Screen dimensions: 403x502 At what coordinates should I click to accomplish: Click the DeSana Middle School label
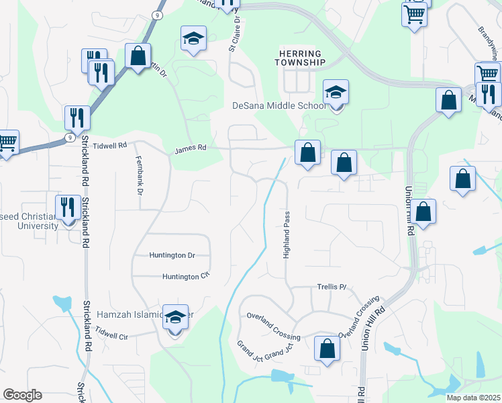pyautogui.click(x=279, y=105)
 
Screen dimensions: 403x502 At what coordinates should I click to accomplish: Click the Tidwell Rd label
pyautogui.click(x=109, y=145)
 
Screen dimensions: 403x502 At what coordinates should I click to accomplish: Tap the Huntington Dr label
pyautogui.click(x=172, y=255)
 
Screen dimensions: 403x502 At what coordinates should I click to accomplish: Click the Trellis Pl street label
pyautogui.click(x=331, y=287)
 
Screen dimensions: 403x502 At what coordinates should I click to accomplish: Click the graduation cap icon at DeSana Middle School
pyautogui.click(x=336, y=93)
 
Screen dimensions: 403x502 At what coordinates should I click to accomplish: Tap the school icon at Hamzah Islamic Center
pyautogui.click(x=175, y=318)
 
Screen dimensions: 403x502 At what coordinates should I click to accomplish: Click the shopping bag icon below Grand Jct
pyautogui.click(x=327, y=349)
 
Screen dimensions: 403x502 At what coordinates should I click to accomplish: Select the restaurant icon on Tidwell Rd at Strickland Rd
pyautogui.click(x=77, y=118)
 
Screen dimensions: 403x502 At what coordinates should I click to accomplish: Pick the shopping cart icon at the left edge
pyautogui.click(x=7, y=143)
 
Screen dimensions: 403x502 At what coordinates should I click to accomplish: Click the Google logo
pyautogui.click(x=22, y=395)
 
